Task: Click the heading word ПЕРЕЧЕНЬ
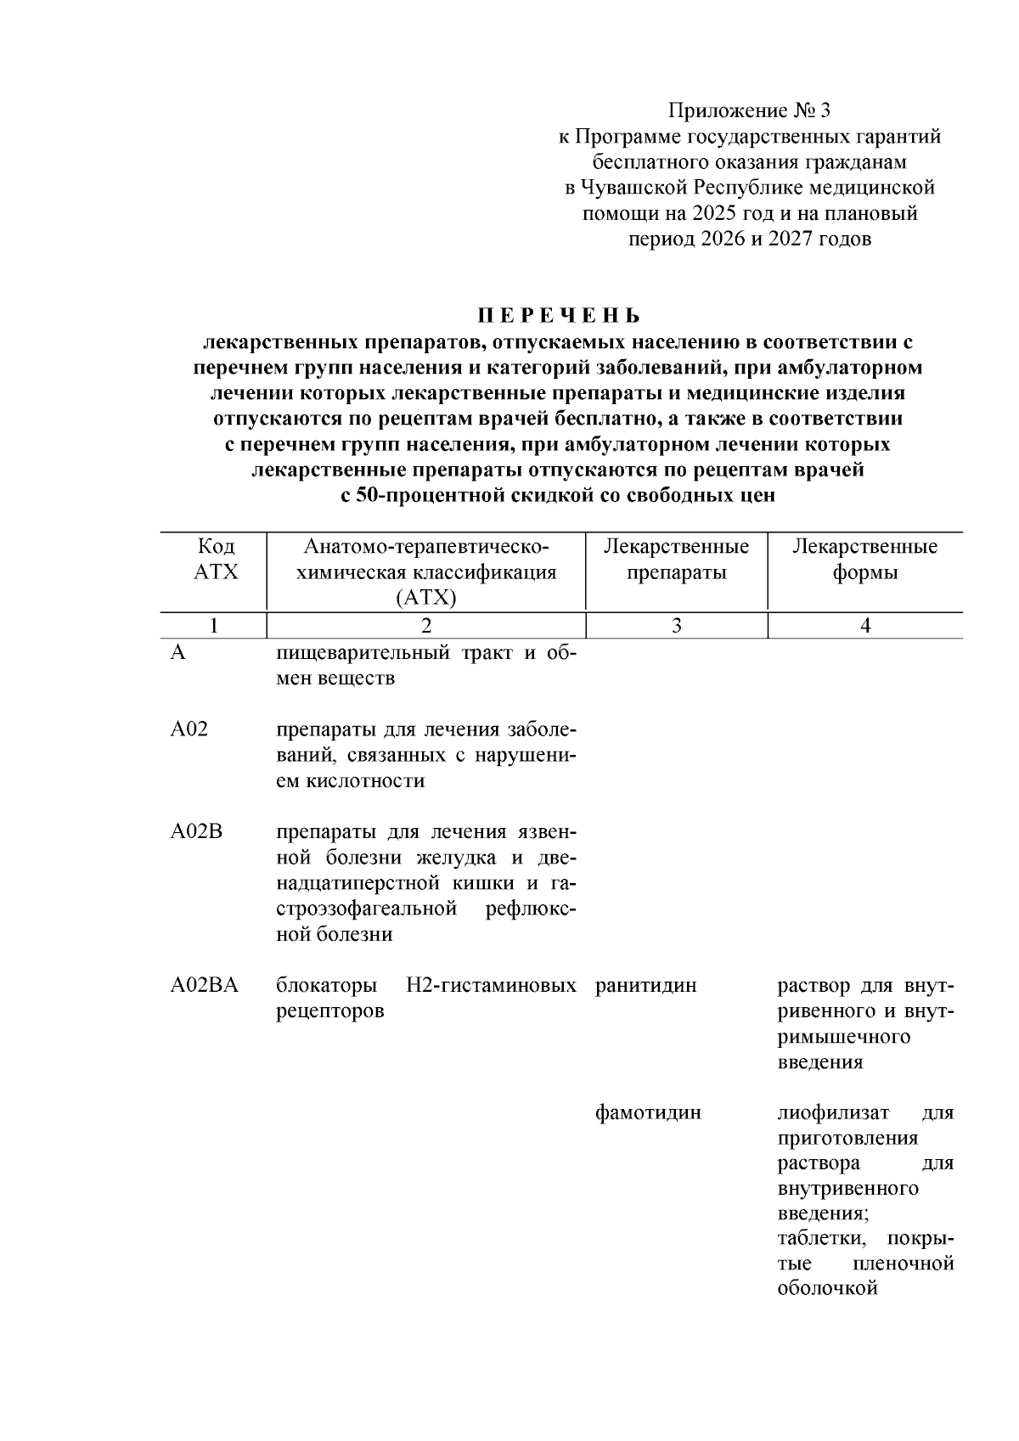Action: tap(558, 317)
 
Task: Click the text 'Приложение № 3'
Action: tap(749, 110)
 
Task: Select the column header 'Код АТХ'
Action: tap(216, 559)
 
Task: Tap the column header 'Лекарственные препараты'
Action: tap(676, 559)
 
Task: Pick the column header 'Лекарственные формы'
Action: tap(864, 559)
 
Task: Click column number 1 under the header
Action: tap(215, 626)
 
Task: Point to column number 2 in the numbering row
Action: tap(425, 626)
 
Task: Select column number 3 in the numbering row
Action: tap(676, 626)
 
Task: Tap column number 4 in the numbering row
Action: tap(864, 626)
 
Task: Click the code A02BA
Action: tap(204, 986)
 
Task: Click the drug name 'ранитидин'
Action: tap(646, 986)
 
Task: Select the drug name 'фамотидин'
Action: tap(649, 1112)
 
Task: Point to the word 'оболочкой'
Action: tap(827, 1289)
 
